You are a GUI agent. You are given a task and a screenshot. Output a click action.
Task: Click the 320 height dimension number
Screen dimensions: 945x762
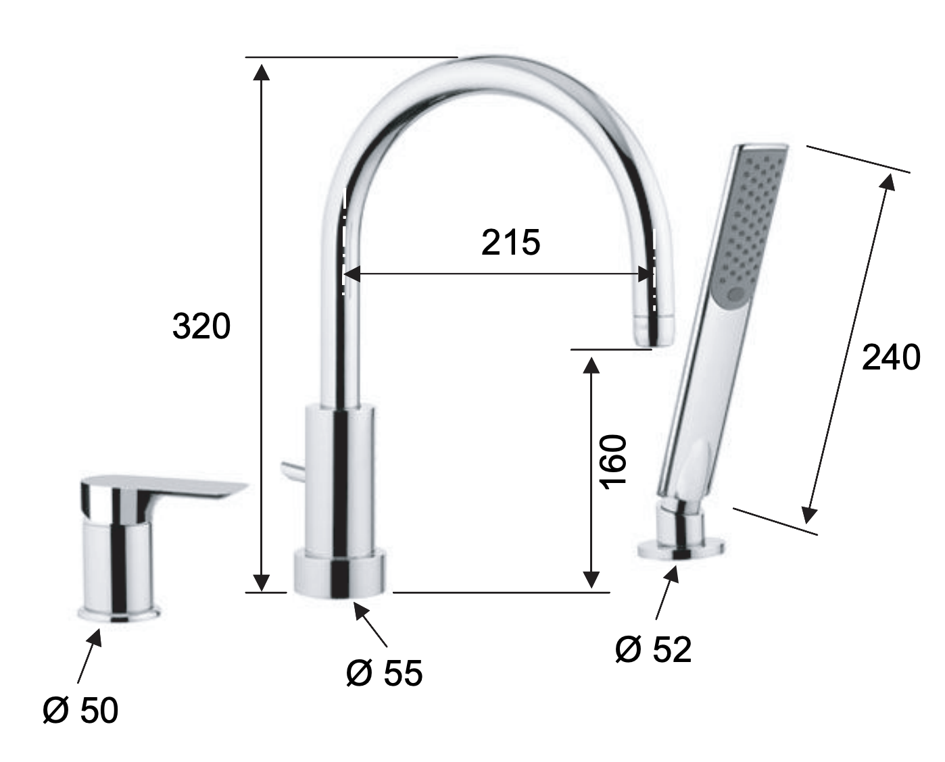tap(201, 326)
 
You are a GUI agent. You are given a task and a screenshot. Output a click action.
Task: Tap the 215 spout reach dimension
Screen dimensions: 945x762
tap(511, 243)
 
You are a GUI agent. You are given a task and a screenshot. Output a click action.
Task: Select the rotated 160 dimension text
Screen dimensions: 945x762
tap(613, 462)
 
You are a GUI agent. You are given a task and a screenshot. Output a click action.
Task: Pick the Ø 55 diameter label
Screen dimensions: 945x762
tap(384, 673)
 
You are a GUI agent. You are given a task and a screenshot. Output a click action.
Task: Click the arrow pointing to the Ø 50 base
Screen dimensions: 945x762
tap(89, 656)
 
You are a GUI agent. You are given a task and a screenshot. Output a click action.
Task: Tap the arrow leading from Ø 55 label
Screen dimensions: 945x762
tap(370, 624)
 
